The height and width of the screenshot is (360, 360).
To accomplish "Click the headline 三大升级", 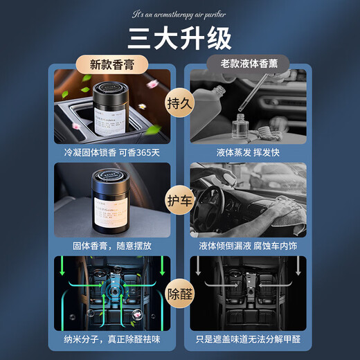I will click(179, 39).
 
